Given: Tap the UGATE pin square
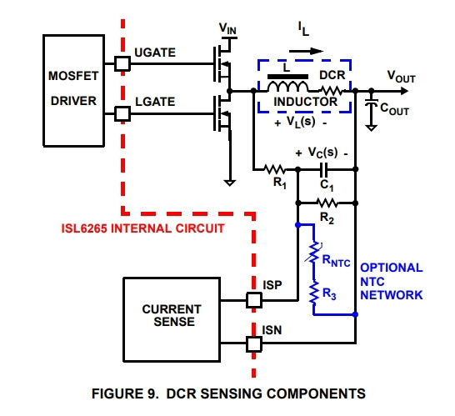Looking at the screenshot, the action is (122, 63).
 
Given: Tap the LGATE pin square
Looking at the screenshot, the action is (122, 113).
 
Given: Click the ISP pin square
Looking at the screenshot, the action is (254, 300).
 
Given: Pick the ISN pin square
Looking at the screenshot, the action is (254, 344).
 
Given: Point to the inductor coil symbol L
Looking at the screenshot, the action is (287, 86).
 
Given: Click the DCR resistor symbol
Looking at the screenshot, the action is (332, 91).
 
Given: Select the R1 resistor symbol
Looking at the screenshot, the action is (274, 169).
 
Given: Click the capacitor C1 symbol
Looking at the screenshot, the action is (323, 169).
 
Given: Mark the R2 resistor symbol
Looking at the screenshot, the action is (327, 203).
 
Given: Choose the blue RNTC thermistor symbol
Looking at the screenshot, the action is (313, 253).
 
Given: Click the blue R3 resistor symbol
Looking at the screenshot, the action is (313, 293).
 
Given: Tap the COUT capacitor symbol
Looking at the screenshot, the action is (371, 103).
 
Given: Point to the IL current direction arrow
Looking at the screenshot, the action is (306, 52).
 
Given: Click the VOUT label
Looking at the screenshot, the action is (402, 77).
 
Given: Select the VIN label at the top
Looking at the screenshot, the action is (227, 28).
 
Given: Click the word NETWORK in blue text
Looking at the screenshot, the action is (391, 295).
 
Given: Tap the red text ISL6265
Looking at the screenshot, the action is (84, 228).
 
